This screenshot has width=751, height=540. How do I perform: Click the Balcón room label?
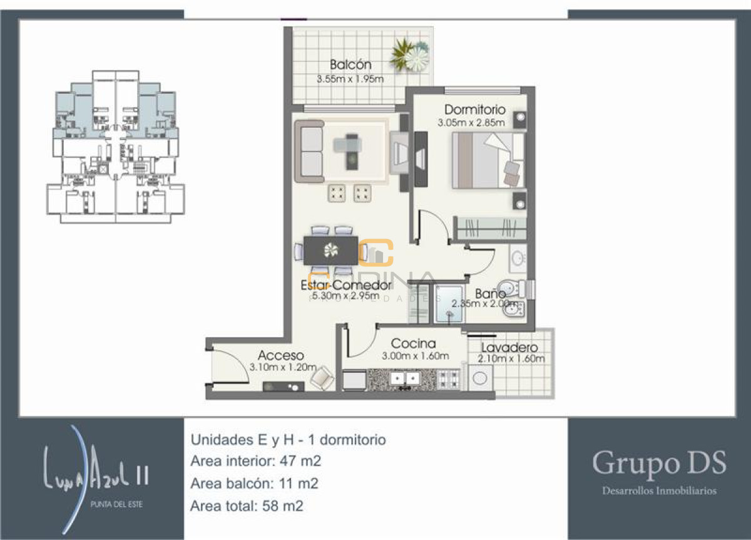point(350,65)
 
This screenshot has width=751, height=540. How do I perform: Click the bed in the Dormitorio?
point(488,160)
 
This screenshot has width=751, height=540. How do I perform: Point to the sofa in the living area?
point(311,151)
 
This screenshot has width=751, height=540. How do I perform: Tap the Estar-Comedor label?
point(346,285)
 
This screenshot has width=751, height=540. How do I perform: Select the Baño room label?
point(490,293)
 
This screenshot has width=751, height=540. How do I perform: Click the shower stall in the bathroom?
point(449,304)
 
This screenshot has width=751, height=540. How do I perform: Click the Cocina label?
point(413,343)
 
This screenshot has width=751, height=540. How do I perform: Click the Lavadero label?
point(510,348)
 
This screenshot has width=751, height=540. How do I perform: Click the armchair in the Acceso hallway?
point(322,377)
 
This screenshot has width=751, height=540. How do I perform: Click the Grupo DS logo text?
point(659,464)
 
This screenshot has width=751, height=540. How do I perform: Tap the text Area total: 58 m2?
point(247,506)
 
